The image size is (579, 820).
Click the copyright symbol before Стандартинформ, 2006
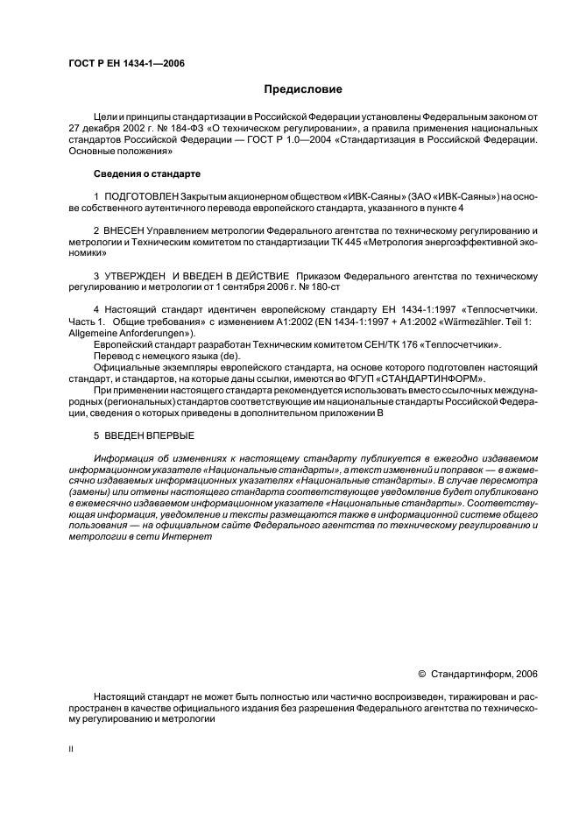click(422, 675)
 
